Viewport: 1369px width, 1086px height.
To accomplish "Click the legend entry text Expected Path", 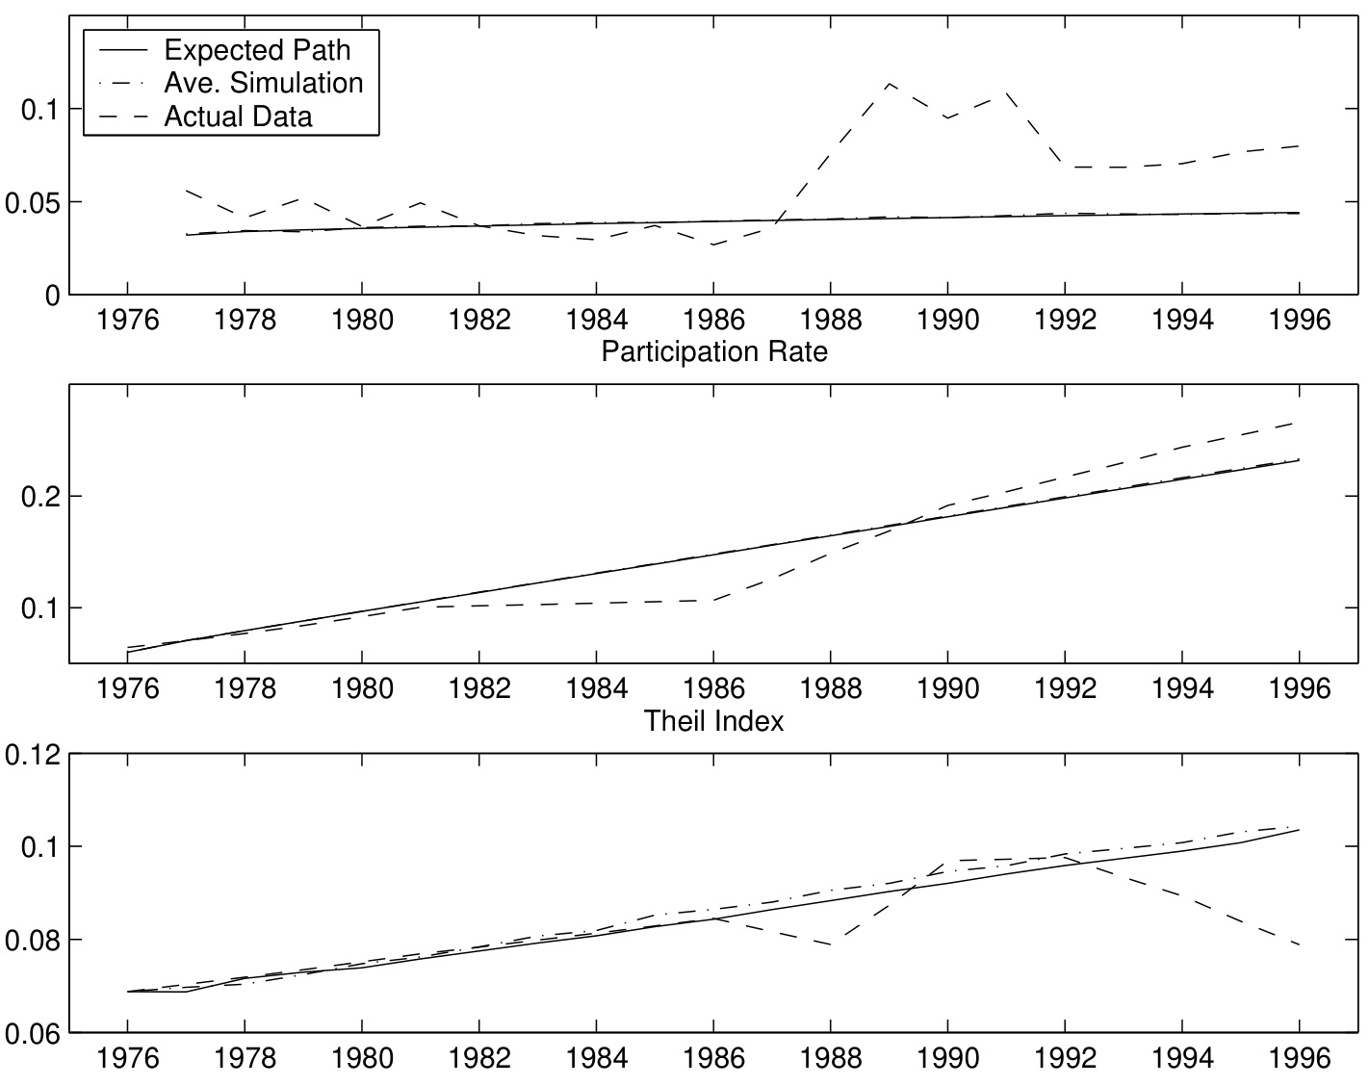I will pyautogui.click(x=257, y=49).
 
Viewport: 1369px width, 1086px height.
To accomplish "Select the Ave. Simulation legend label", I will pyautogui.click(x=264, y=83).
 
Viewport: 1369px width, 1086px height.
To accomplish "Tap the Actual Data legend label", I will pyautogui.click(x=238, y=116).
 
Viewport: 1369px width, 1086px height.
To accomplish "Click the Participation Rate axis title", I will pyautogui.click(x=713, y=351).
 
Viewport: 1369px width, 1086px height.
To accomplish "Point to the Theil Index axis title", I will pyautogui.click(x=713, y=720).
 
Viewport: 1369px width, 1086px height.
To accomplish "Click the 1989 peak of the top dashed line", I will pyautogui.click(x=890, y=83).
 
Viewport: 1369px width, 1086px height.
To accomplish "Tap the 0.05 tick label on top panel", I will pyautogui.click(x=34, y=203).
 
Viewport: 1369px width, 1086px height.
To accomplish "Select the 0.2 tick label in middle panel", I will pyautogui.click(x=42, y=497).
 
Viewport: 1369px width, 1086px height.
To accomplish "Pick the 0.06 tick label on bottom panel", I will pyautogui.click(x=34, y=1034).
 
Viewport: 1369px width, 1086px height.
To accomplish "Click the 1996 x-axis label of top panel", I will pyautogui.click(x=1299, y=319).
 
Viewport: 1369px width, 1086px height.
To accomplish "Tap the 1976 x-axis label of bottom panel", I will pyautogui.click(x=127, y=1059).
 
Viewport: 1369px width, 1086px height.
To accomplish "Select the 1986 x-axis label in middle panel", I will pyautogui.click(x=713, y=688).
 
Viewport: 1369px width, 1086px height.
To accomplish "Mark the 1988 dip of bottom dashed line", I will pyautogui.click(x=831, y=944).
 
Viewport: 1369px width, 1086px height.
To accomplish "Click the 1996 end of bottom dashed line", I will pyautogui.click(x=1300, y=945).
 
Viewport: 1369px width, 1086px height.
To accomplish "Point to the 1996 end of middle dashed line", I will pyautogui.click(x=1300, y=423).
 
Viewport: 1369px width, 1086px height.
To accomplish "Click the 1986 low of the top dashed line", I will pyautogui.click(x=713, y=246).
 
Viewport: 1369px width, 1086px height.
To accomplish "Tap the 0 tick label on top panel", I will pyautogui.click(x=52, y=296).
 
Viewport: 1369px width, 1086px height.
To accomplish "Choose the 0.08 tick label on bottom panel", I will pyautogui.click(x=34, y=941).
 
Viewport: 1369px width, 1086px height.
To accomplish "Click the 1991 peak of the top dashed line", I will pyautogui.click(x=1006, y=92).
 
